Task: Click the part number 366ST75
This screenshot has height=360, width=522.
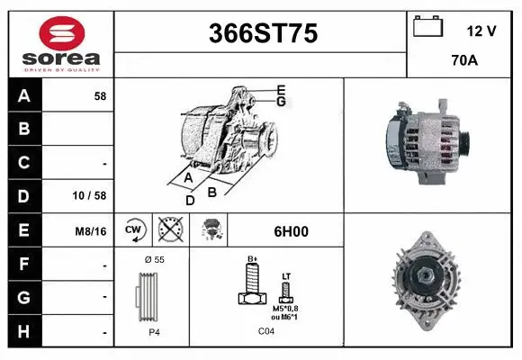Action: (x=263, y=33)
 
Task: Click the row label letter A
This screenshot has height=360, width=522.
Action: (x=23, y=95)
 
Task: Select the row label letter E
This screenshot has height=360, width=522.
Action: (x=23, y=230)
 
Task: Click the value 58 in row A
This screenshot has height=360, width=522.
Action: (x=100, y=95)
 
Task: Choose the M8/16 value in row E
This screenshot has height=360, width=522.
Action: (x=92, y=231)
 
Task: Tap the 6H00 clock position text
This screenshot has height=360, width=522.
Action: (x=289, y=231)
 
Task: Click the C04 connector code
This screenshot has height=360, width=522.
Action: (x=266, y=331)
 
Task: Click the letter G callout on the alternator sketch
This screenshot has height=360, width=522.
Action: (x=281, y=102)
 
